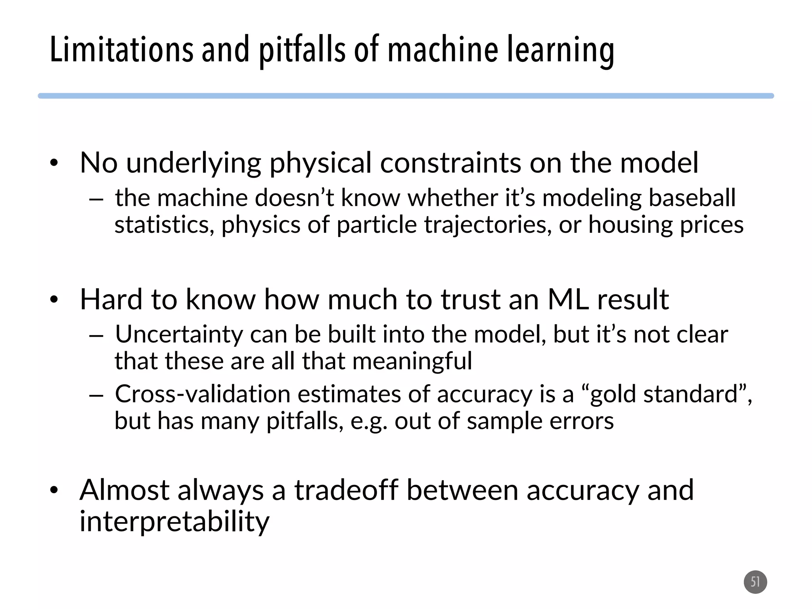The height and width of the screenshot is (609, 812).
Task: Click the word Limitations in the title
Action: (x=121, y=49)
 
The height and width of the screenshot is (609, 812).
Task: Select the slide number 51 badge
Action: (x=755, y=582)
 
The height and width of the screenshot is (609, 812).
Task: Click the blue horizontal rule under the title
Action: (x=406, y=96)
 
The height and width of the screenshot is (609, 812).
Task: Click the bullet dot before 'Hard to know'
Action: (x=54, y=300)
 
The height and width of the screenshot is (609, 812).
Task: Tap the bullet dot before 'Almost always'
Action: (x=54, y=490)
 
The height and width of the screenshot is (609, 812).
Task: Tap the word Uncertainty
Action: (x=179, y=334)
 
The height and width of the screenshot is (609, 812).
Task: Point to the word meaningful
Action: (x=412, y=361)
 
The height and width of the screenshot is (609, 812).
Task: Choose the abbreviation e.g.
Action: (x=368, y=421)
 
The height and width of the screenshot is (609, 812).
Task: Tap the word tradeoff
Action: (x=346, y=490)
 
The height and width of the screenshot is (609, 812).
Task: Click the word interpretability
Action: (x=174, y=521)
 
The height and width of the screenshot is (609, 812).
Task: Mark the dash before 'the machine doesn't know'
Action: (x=96, y=199)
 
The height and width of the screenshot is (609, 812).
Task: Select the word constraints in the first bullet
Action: (x=450, y=163)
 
